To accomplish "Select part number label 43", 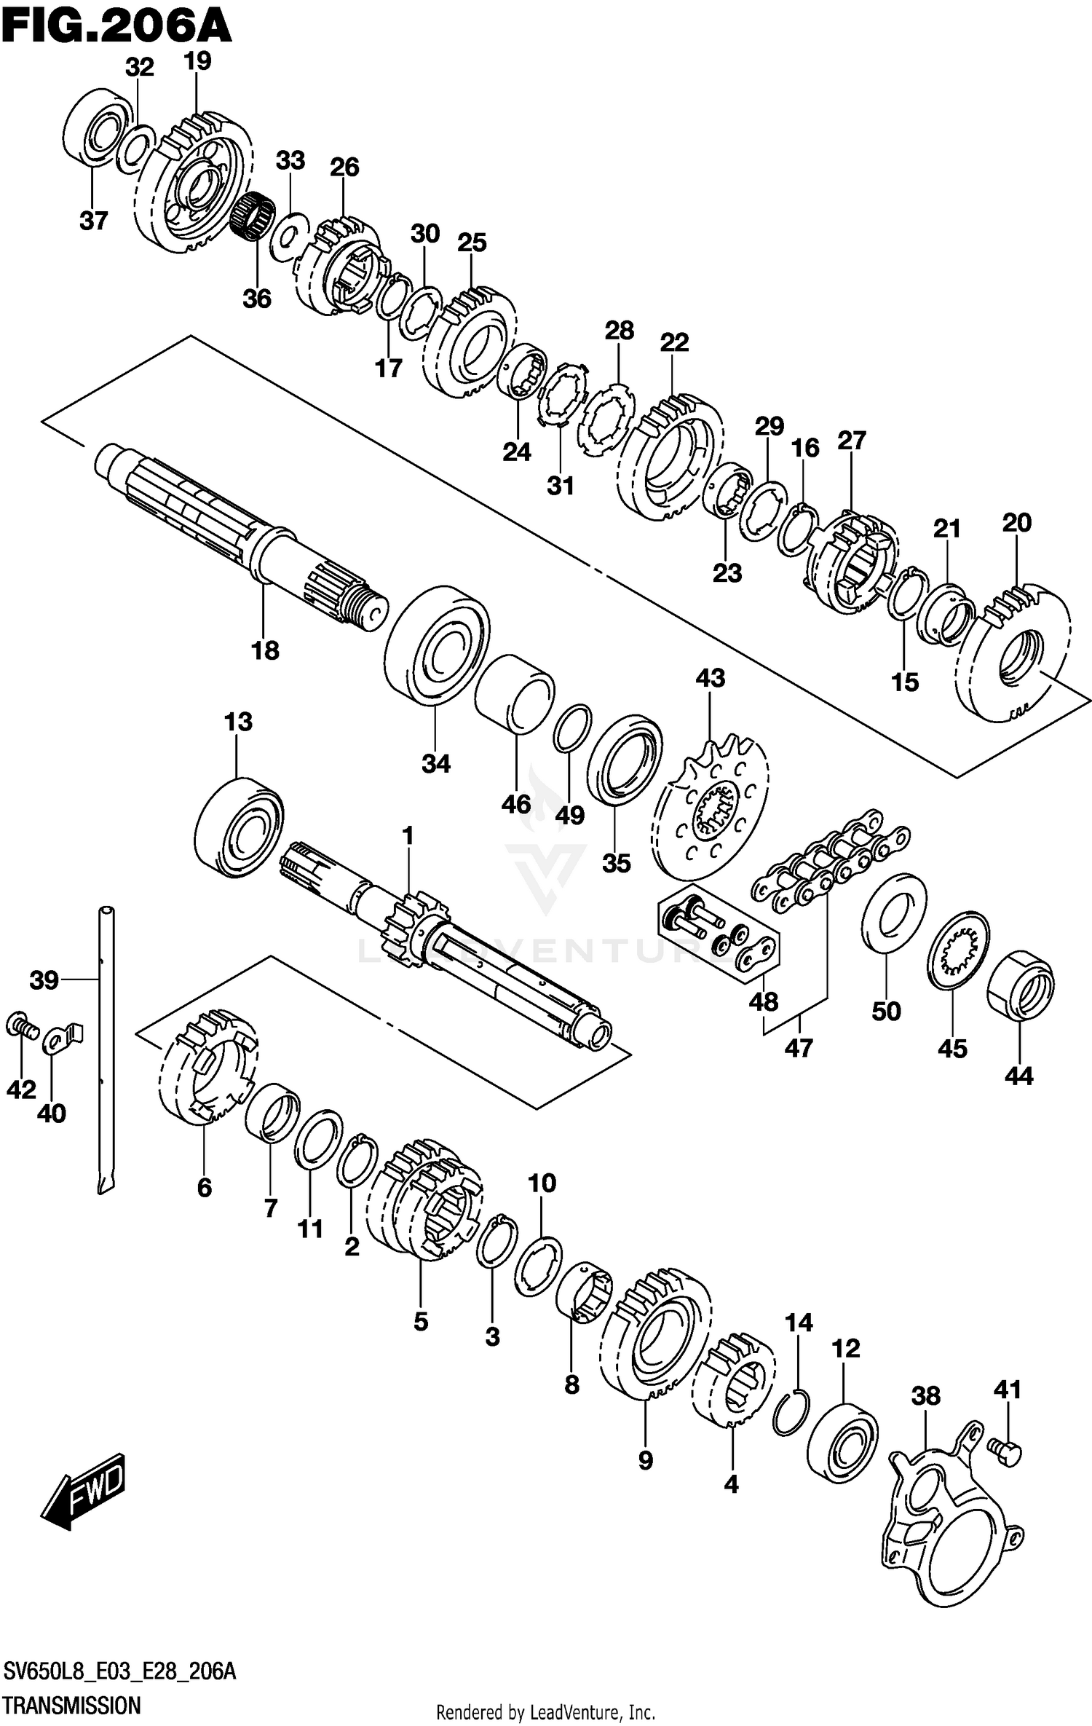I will pos(710,678).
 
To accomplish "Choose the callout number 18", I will pos(265,650).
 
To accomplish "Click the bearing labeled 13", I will pos(240,827).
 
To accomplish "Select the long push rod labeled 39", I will pos(106,1049).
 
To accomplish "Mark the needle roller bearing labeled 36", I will pos(253,213).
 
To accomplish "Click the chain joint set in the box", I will pos(717,933).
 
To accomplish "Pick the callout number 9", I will pos(645,1459).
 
